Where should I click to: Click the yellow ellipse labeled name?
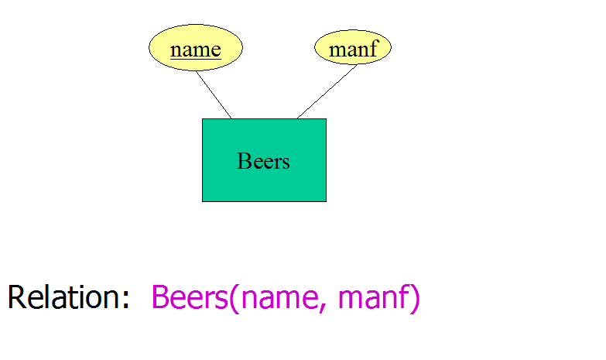(x=196, y=47)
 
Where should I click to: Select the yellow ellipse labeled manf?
(x=353, y=47)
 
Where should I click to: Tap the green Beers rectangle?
(x=265, y=160)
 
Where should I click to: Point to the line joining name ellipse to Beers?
(x=214, y=94)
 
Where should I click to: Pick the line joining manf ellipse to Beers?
(x=327, y=91)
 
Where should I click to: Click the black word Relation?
(x=63, y=297)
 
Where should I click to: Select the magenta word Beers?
(x=190, y=297)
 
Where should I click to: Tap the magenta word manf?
(x=374, y=297)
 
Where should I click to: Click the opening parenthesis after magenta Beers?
(x=235, y=298)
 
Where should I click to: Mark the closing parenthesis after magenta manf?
(x=415, y=298)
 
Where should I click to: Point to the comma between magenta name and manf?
(x=323, y=307)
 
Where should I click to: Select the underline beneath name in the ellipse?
(x=196, y=59)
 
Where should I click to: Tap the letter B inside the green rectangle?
(x=245, y=161)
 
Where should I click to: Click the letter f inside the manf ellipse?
(x=373, y=47)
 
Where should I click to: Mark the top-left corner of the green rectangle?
(x=202, y=118)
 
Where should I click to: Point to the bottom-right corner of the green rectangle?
(x=326, y=201)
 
